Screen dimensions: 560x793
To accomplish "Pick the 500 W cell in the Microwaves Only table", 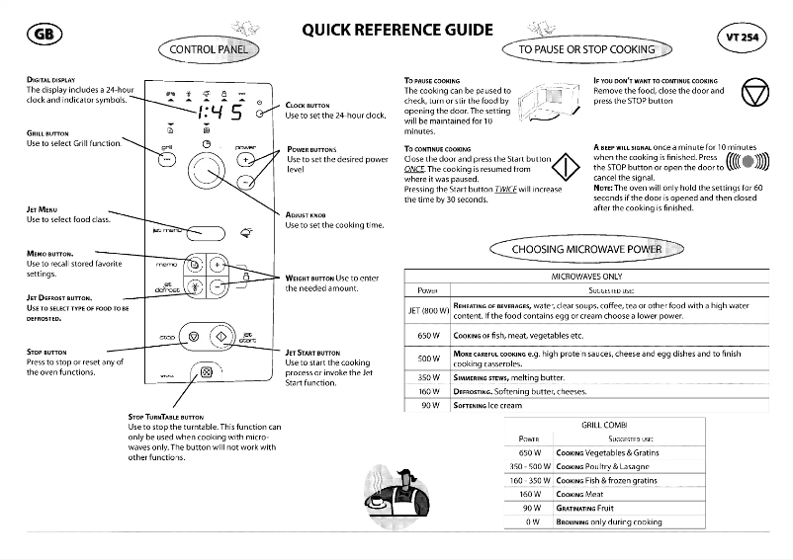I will click(x=428, y=359).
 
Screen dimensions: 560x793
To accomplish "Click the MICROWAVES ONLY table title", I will click(x=586, y=278).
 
